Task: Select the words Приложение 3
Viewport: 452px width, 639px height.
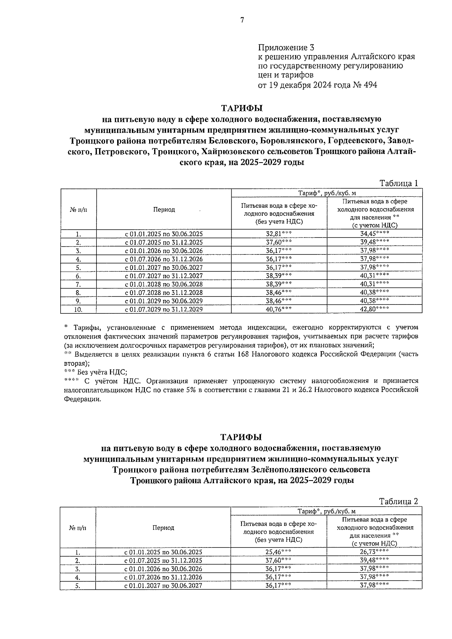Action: [x=286, y=48]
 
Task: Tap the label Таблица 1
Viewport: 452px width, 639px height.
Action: [x=399, y=183]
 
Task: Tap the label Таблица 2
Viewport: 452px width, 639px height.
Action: [x=399, y=501]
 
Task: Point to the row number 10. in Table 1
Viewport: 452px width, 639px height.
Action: [x=78, y=309]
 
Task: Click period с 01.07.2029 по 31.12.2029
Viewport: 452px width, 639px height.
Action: [x=164, y=309]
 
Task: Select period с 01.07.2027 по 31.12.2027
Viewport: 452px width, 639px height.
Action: [x=164, y=275]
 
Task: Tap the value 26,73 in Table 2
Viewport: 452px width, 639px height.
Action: [x=371, y=552]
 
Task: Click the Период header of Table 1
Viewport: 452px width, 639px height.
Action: [x=164, y=210]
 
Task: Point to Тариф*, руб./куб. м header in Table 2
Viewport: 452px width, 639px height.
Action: [x=326, y=511]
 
